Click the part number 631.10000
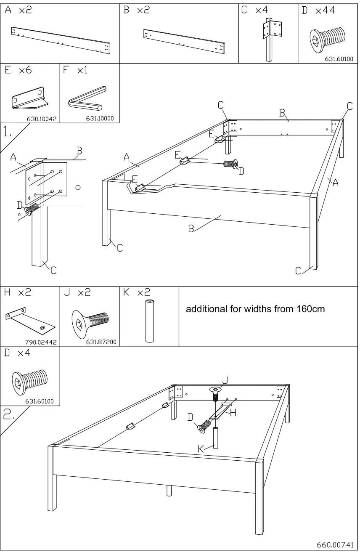pos(100,119)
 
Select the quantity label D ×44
pos(318,11)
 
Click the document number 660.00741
pos(334,544)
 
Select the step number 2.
pos(8,416)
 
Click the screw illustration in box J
pos(90,321)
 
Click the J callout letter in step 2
pos(225,379)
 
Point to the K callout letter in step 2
pos(201,449)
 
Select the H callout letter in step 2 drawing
pos(233,413)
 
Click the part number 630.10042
pos(40,119)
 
